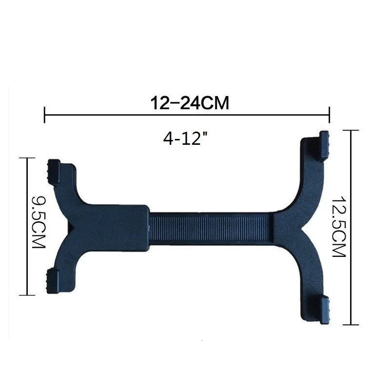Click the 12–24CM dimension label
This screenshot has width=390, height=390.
click(190, 103)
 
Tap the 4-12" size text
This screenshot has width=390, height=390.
click(185, 138)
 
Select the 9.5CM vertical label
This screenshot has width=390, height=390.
click(39, 222)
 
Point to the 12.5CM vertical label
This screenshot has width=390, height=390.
click(339, 226)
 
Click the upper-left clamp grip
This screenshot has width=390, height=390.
click(54, 172)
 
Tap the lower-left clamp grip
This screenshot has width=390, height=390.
click(53, 282)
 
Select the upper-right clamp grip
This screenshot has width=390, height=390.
click(324, 145)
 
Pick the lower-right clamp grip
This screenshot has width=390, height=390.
click(324, 310)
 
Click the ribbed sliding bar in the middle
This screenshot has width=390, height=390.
click(211, 227)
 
